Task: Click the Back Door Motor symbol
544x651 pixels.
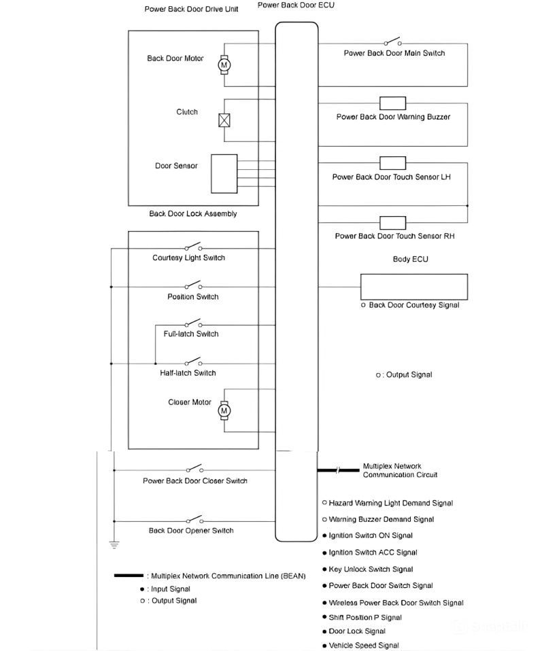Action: click(x=224, y=64)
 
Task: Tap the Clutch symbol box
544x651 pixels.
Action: click(x=224, y=120)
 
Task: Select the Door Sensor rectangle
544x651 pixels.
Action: click(x=224, y=173)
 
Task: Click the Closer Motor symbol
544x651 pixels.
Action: click(x=224, y=410)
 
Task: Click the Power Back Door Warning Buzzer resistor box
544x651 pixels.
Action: click(x=392, y=103)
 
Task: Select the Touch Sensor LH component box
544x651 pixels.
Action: click(x=392, y=163)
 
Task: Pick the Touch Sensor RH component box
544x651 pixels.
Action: click(x=392, y=222)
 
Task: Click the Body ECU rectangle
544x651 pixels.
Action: click(x=413, y=286)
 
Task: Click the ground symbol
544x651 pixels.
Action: click(x=114, y=544)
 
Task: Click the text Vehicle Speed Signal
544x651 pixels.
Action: click(x=364, y=646)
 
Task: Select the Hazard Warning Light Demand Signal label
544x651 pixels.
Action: click(x=390, y=504)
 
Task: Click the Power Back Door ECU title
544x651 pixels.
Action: click(x=296, y=5)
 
